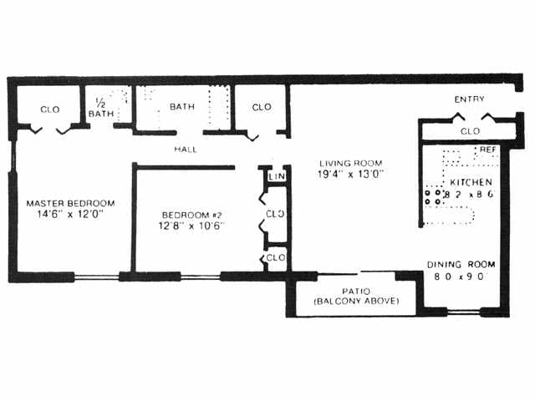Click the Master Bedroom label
[70, 203]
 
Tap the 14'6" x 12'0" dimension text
[70, 214]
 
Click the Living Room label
[350, 163]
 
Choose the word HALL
[186, 149]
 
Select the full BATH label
[182, 106]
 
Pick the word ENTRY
[469, 99]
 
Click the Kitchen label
[471, 182]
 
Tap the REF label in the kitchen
[487, 150]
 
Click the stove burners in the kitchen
[434, 196]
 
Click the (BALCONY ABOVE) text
[355, 301]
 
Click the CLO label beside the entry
[470, 131]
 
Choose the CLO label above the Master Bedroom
[49, 109]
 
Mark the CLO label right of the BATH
[262, 106]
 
